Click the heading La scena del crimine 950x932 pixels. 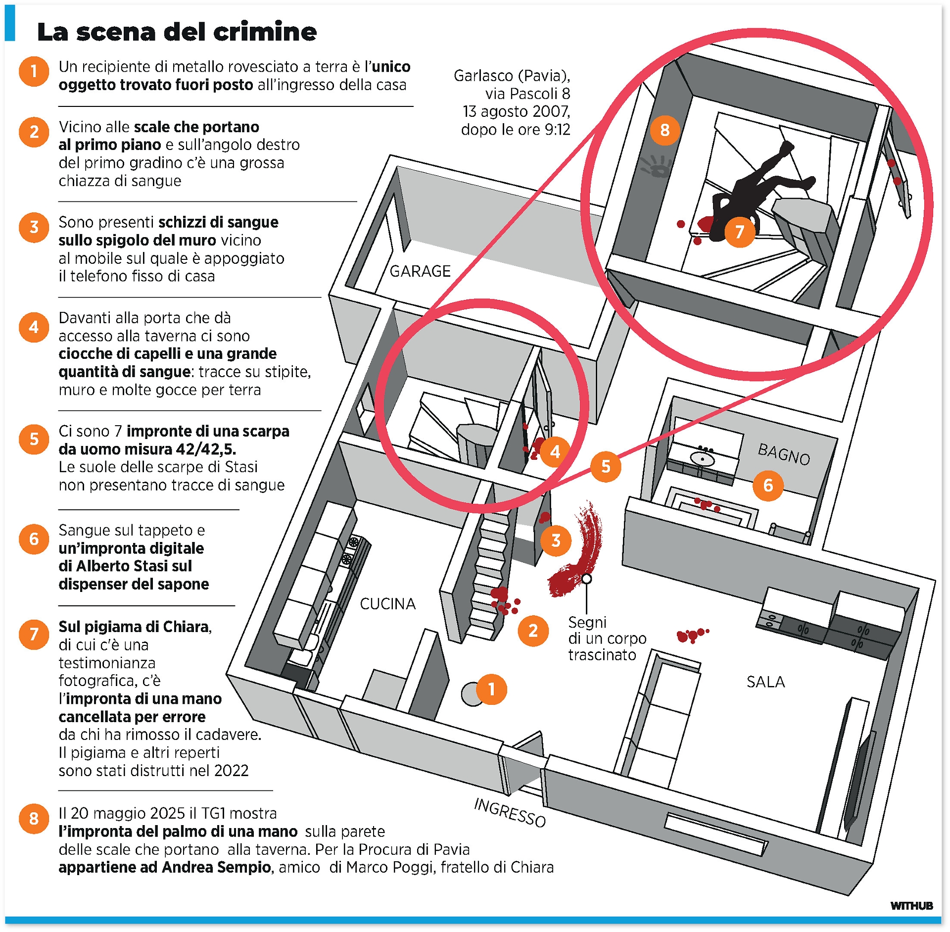[x=177, y=32]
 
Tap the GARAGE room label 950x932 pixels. [x=420, y=271]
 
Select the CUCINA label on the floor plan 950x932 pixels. [x=387, y=604]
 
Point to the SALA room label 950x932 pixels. [x=765, y=682]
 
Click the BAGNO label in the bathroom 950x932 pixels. [x=784, y=454]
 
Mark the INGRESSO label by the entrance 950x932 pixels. [x=510, y=812]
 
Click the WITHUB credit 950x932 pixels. [x=911, y=906]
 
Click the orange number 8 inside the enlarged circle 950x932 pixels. [x=665, y=130]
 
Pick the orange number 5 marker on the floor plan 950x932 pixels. [x=606, y=466]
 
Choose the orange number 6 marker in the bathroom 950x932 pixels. [x=767, y=485]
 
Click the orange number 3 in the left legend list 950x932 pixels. [x=34, y=227]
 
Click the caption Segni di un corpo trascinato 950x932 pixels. [x=606, y=638]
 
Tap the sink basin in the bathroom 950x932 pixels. [x=701, y=460]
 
